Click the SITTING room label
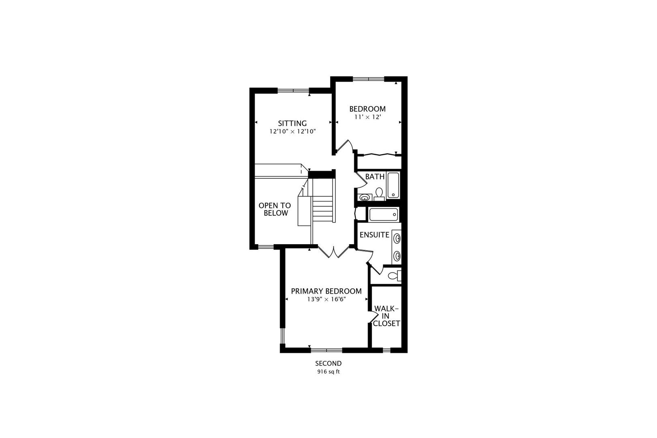[292, 123]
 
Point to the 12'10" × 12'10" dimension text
[292, 131]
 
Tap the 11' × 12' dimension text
[367, 117]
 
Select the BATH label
[375, 177]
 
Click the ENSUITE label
[374, 235]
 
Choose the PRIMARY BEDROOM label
[326, 291]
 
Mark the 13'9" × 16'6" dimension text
[326, 300]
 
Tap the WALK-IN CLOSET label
[386, 316]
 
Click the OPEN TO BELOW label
[275, 209]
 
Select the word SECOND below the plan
[328, 363]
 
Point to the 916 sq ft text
[328, 371]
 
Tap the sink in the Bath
[365, 198]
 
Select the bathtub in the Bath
[393, 185]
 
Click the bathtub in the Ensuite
[384, 215]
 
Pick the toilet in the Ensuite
[394, 276]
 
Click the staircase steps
[324, 209]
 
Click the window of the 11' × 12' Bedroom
[368, 78]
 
